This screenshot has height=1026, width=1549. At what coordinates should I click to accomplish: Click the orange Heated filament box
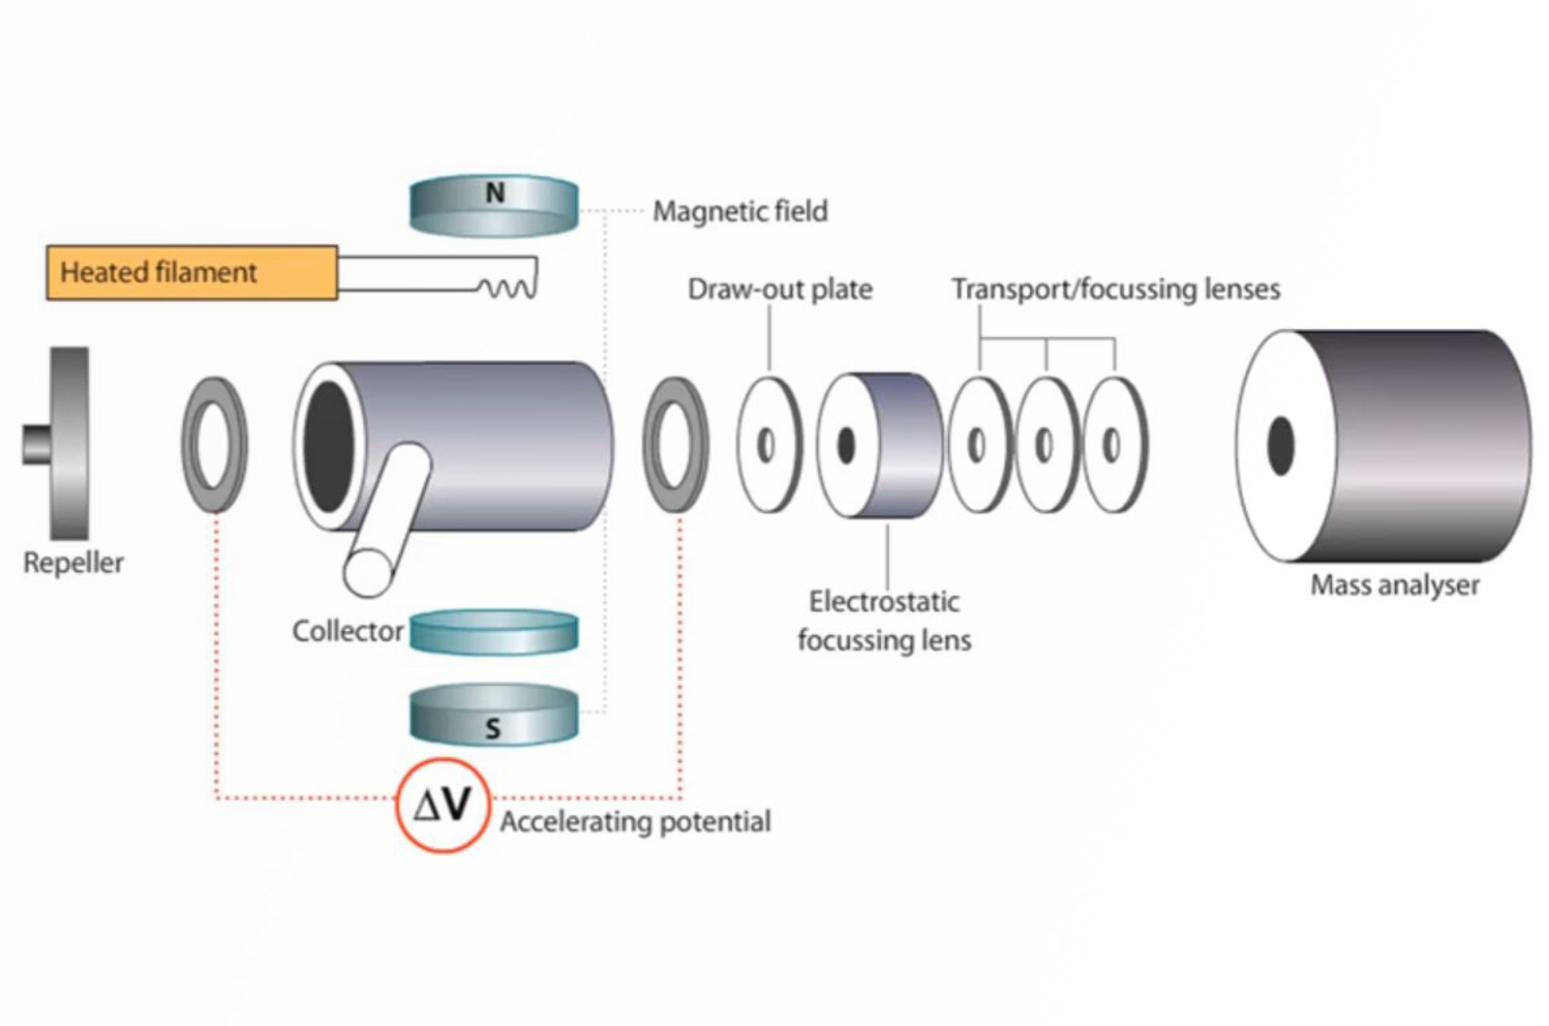[x=192, y=272]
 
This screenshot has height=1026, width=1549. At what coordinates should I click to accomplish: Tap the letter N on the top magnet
[x=495, y=194]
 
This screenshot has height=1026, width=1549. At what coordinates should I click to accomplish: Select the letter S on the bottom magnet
[x=493, y=728]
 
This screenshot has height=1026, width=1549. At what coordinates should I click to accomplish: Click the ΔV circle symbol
[x=442, y=804]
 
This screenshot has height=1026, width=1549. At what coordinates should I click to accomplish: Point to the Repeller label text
[x=74, y=562]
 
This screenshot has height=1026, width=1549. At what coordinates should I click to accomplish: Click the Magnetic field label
[x=740, y=211]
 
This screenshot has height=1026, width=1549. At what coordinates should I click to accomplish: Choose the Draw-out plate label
[x=779, y=288]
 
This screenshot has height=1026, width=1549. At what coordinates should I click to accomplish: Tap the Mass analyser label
[x=1394, y=585]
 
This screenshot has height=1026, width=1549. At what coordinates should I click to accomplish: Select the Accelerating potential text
[x=635, y=822]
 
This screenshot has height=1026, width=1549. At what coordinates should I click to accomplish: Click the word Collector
[x=348, y=631]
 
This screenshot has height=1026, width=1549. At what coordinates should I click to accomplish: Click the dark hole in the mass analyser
[x=1280, y=446]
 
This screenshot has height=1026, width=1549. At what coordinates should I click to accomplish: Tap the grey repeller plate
[x=68, y=443]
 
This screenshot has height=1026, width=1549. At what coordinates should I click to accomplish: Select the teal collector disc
[x=494, y=631]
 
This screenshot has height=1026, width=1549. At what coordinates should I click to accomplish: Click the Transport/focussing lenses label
[x=1115, y=288]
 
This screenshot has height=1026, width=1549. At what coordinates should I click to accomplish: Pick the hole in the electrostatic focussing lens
[x=846, y=445]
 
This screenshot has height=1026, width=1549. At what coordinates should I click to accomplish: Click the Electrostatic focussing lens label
[x=884, y=620]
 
